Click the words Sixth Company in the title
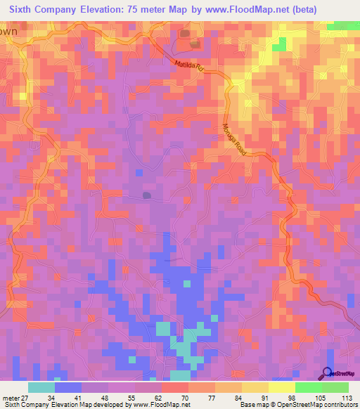pyautogui.click(x=42, y=10)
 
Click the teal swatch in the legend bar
pyautogui.click(x=41, y=387)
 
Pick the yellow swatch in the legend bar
pyautogui.click(x=282, y=387)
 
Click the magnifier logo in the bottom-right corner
pyautogui.click(x=327, y=373)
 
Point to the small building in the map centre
pyautogui.click(x=147, y=195)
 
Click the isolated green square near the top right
pyautogui.click(x=279, y=45)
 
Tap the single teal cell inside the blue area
pyautogui.click(x=187, y=284)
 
